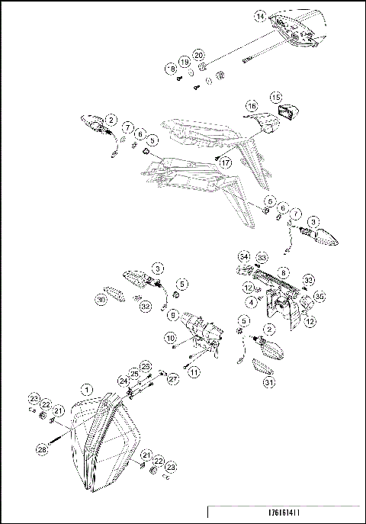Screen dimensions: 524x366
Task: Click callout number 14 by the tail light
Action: pyautogui.click(x=260, y=16)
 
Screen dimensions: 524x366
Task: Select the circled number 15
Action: pyautogui.click(x=276, y=97)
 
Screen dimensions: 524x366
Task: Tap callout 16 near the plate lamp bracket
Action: pyautogui.click(x=251, y=105)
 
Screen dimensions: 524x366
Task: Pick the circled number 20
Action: pyautogui.click(x=199, y=55)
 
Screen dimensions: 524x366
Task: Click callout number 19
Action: pyautogui.click(x=184, y=61)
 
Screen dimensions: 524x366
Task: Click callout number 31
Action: pyautogui.click(x=268, y=382)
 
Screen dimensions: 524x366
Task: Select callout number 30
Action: pyautogui.click(x=101, y=300)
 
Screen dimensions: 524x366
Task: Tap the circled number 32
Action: pyautogui.click(x=145, y=306)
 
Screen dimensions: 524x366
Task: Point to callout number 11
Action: pyautogui.click(x=194, y=371)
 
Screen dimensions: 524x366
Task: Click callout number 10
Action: pyautogui.click(x=171, y=336)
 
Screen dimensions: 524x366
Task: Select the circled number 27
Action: pyautogui.click(x=173, y=378)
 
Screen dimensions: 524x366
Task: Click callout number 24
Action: pyautogui.click(x=122, y=379)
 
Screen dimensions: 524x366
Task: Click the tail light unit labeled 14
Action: pyautogui.click(x=301, y=27)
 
